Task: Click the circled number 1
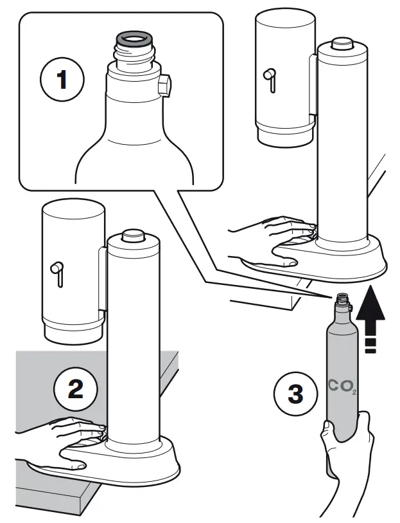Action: (62, 82)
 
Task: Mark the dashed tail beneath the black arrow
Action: (369, 344)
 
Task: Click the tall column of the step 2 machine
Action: (133, 341)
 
